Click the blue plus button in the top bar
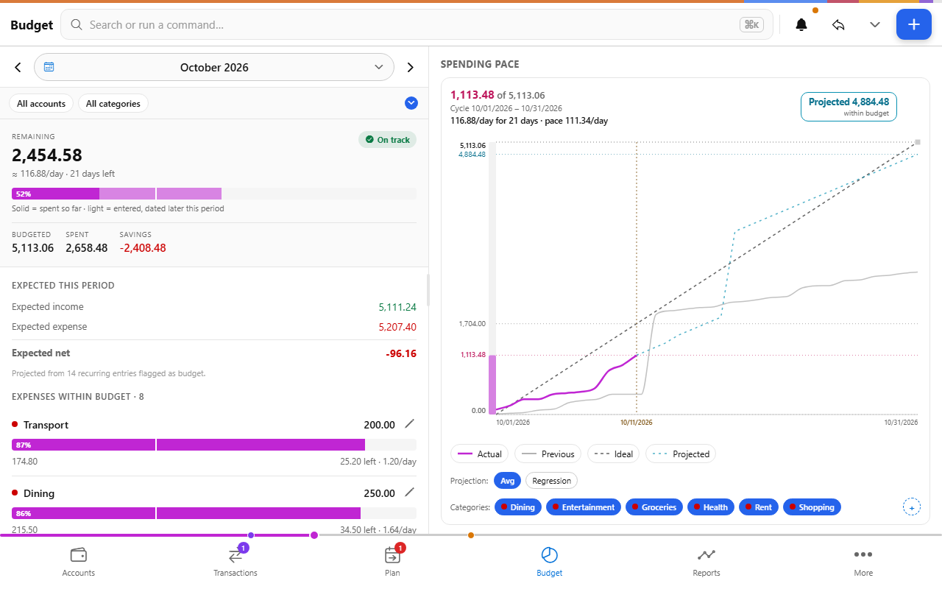click(913, 24)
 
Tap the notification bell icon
click(801, 25)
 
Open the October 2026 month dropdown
click(214, 67)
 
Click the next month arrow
click(411, 67)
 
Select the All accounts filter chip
click(41, 104)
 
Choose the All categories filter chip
click(113, 104)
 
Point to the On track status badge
click(387, 140)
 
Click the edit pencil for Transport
click(410, 423)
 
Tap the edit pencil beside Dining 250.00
click(410, 492)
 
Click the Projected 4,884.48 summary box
click(849, 107)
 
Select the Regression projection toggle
click(551, 481)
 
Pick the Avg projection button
click(507, 481)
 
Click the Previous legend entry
click(548, 454)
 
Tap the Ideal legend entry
click(613, 454)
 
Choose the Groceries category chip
click(654, 507)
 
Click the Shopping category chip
click(812, 507)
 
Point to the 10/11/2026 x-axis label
click(637, 422)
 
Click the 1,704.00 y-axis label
click(472, 323)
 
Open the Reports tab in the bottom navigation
click(706, 562)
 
